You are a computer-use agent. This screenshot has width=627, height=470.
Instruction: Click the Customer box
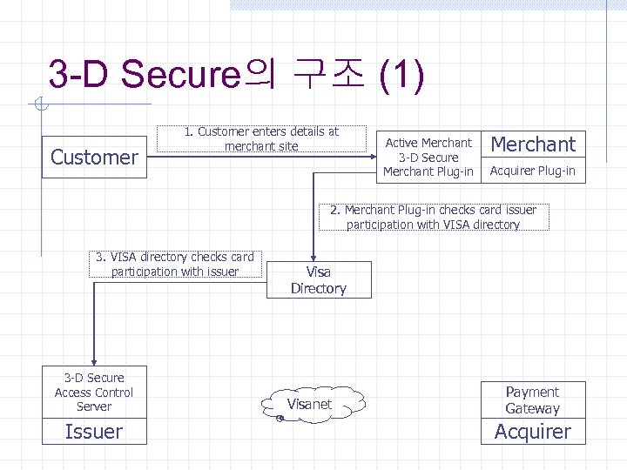coord(94,158)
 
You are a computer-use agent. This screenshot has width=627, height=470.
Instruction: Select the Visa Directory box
coord(318,280)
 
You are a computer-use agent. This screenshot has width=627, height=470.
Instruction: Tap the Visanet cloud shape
coord(310,404)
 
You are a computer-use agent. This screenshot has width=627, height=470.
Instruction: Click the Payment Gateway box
coord(532,400)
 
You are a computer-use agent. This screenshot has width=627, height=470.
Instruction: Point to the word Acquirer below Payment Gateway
coord(532,432)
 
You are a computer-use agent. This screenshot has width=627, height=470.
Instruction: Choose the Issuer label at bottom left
coord(94,432)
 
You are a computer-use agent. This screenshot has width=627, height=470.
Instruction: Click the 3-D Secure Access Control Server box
coord(94,392)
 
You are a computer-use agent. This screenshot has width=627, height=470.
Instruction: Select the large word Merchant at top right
coord(533,144)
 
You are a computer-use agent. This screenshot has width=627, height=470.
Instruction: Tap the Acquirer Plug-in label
coord(533,171)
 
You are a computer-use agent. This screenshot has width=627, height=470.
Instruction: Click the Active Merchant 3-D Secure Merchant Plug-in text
coord(428,158)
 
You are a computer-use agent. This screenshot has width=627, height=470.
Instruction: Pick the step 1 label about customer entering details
coord(261,139)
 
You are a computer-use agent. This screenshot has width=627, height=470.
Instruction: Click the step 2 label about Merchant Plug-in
coord(433,217)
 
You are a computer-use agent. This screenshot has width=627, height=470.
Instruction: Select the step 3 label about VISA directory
coord(175,265)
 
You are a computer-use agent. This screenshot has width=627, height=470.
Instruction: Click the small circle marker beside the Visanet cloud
coord(280,419)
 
